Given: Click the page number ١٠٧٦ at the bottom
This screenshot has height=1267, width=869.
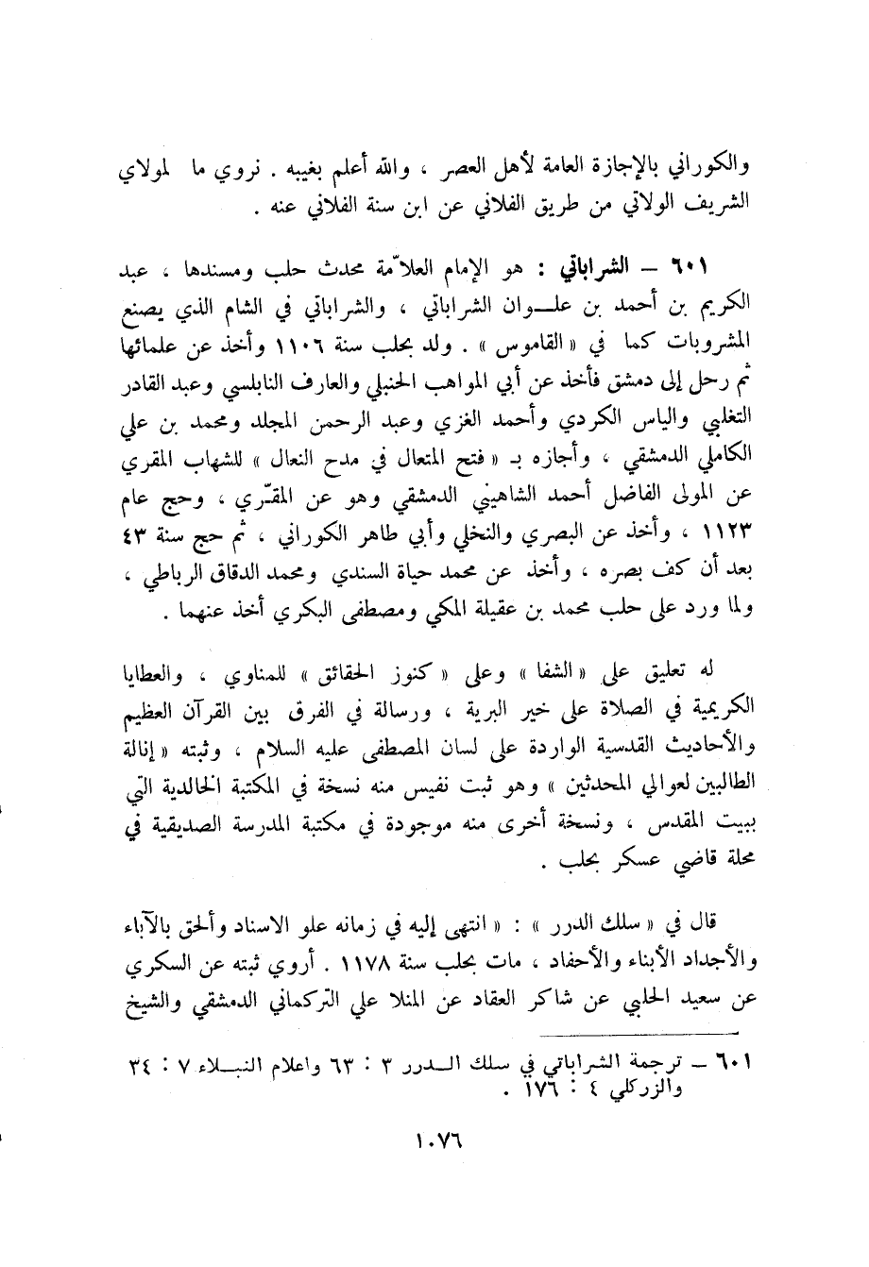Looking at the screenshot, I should [x=436, y=1154].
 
